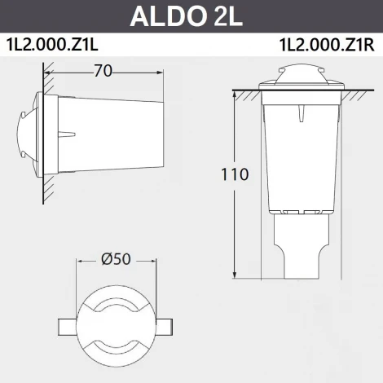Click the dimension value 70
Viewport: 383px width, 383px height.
point(103,71)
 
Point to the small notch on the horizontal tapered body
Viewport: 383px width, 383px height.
point(71,132)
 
